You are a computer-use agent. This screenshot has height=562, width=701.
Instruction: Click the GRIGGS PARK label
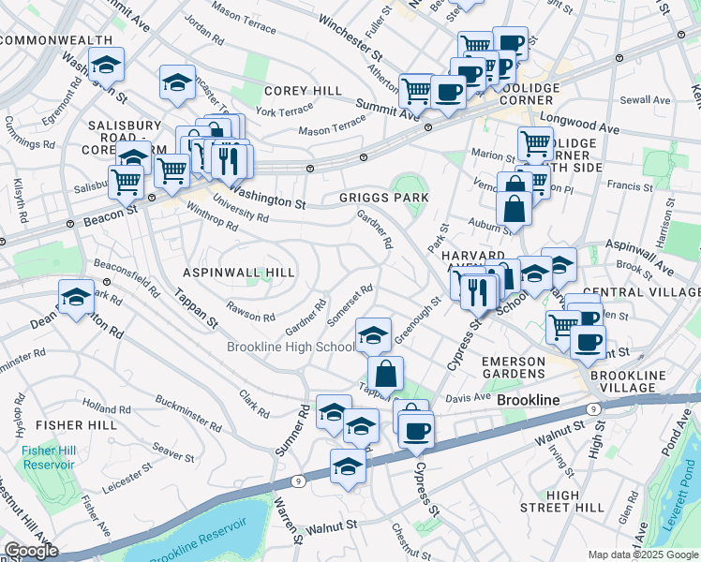coord(384,198)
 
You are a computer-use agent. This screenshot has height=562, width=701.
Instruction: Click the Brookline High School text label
coord(291,348)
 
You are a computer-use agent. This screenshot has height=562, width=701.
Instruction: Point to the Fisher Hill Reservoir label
coord(48,458)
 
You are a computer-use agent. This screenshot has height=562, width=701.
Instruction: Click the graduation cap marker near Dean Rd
coord(76,298)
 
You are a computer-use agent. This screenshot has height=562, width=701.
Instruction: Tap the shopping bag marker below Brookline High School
coord(385,374)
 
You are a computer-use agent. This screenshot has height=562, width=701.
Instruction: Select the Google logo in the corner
coord(30,551)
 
